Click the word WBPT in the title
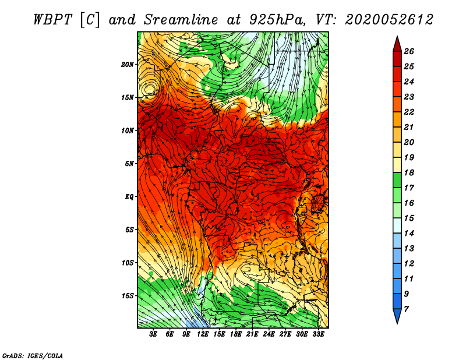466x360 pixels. point(51,19)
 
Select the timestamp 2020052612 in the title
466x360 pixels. point(389,19)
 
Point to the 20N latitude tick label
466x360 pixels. point(128,64)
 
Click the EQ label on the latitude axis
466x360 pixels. point(129,197)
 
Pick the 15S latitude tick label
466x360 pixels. point(128,296)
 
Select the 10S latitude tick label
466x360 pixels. point(128,263)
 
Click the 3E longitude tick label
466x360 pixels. point(154,334)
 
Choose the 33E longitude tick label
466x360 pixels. point(319,334)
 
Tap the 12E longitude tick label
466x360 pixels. point(203,334)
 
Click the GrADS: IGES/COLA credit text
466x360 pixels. point(32,355)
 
